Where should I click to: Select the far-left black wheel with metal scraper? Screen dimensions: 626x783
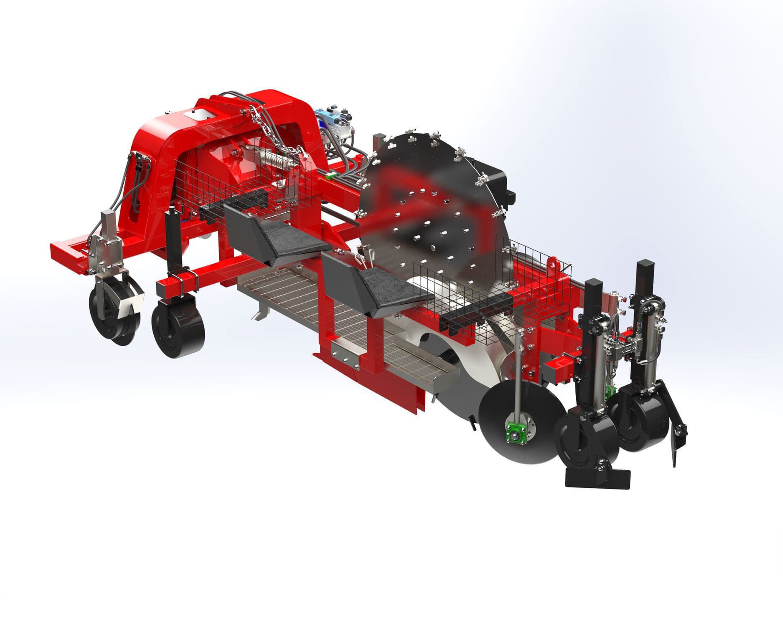point(113,315)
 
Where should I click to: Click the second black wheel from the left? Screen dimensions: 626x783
point(178,330)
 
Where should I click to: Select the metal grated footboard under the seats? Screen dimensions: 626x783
point(292,292)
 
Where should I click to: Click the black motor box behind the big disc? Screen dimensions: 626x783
point(495,179)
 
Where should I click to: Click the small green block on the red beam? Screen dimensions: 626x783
point(331,176)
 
